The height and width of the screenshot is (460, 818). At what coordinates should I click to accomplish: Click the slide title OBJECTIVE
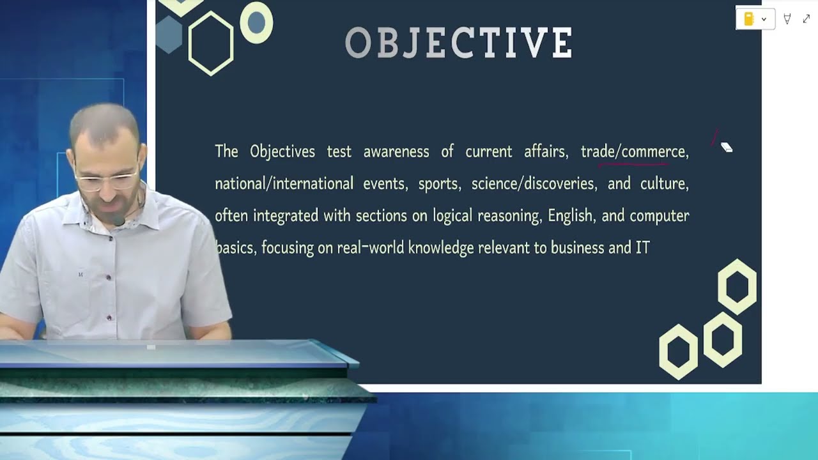(459, 42)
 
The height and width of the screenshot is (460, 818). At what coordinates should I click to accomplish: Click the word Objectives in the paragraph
(282, 151)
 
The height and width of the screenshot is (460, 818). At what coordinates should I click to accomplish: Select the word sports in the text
(438, 183)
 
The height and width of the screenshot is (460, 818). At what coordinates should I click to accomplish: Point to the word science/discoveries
(533, 183)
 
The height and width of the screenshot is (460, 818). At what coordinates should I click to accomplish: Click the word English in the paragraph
(570, 215)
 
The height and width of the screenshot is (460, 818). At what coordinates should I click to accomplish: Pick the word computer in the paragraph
(659, 216)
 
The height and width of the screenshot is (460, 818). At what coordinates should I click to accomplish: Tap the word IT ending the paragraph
(643, 247)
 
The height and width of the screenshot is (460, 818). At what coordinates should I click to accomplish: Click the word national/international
(284, 183)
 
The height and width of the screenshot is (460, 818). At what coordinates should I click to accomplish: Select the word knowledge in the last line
(441, 248)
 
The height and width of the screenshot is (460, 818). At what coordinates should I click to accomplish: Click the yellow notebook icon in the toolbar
(749, 19)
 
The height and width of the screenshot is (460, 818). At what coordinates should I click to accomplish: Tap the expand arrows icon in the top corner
(806, 19)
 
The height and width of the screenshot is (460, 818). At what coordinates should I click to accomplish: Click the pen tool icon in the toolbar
(787, 19)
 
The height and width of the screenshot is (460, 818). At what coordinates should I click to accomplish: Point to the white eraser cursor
(727, 147)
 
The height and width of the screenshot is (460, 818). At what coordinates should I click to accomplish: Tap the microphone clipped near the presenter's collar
(118, 220)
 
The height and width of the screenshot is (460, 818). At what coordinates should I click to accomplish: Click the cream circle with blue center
(256, 22)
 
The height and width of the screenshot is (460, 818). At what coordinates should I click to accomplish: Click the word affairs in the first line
(546, 151)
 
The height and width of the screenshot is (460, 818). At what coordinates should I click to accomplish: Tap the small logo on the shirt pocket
(81, 274)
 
